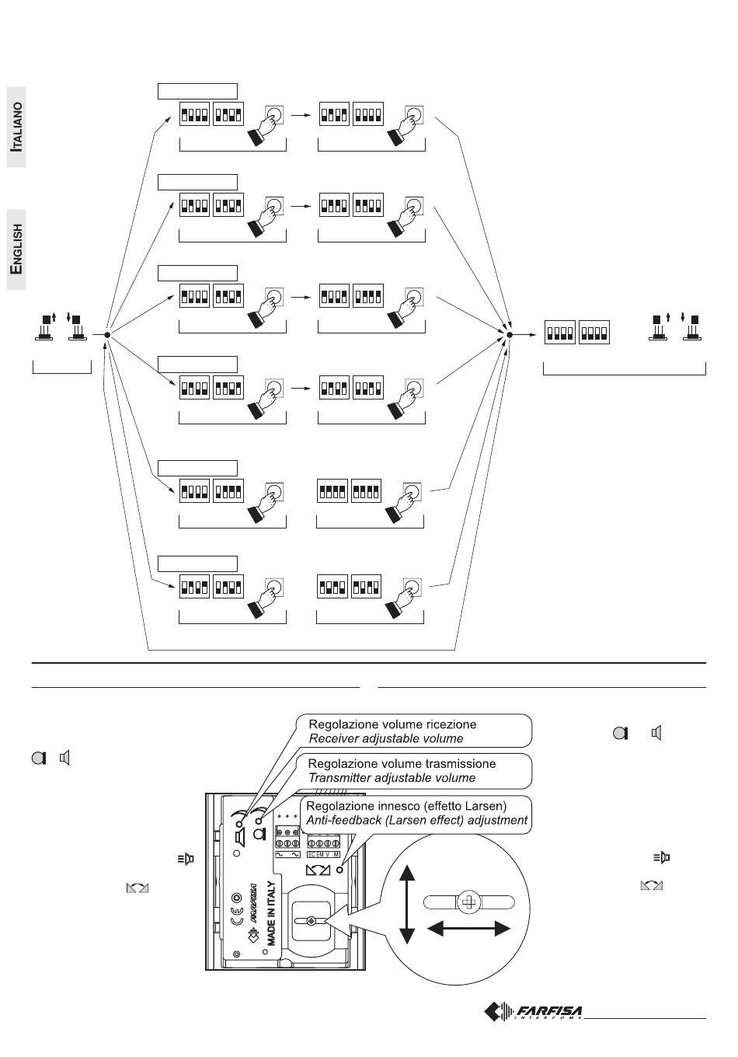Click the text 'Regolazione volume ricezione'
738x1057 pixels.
click(392, 724)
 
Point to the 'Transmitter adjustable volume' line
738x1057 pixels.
click(392, 777)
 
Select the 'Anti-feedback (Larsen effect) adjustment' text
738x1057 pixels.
click(416, 820)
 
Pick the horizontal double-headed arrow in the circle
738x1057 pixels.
click(469, 928)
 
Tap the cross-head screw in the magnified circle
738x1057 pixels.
click(469, 902)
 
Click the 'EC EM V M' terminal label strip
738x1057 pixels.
click(324, 854)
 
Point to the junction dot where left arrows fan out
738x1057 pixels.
click(107, 335)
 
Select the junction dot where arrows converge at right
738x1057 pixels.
click(510, 335)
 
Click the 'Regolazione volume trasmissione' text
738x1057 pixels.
click(402, 763)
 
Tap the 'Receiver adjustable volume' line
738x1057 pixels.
click(385, 738)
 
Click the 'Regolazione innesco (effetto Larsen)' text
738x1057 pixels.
click(406, 806)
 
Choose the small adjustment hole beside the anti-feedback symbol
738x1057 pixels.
click(339, 870)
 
